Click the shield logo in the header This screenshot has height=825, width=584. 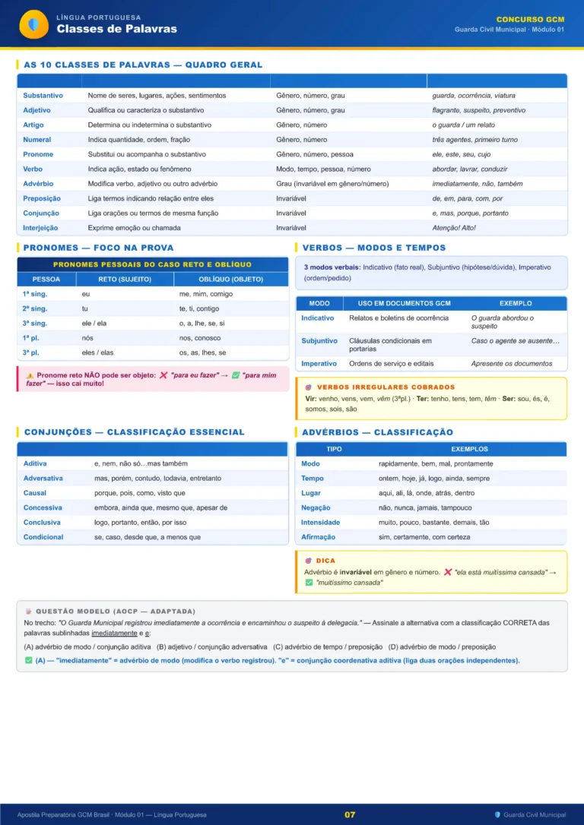[x=33, y=24]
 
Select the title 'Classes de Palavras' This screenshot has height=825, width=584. [x=116, y=29]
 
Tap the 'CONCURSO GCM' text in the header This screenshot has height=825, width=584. [x=530, y=19]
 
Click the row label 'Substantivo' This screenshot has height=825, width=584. [x=43, y=96]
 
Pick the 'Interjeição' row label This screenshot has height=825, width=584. [x=40, y=228]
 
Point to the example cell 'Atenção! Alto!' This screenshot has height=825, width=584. [x=454, y=228]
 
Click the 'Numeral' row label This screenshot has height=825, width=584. [x=37, y=140]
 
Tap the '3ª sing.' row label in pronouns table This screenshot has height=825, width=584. [x=35, y=324]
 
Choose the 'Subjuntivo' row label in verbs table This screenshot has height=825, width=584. [x=319, y=341]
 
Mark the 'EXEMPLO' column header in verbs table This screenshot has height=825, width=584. [x=516, y=303]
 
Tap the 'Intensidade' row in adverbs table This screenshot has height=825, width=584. [x=320, y=523]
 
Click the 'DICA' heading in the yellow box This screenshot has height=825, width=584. [x=325, y=561]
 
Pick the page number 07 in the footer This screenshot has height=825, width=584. [x=350, y=814]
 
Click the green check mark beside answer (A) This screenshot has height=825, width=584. [x=28, y=660]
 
